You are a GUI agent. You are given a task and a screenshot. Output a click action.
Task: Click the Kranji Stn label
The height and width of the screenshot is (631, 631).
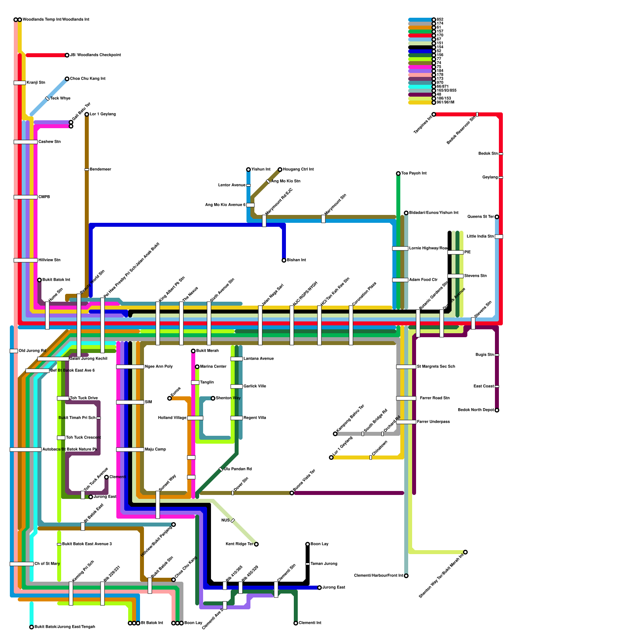pyautogui.click(x=36, y=83)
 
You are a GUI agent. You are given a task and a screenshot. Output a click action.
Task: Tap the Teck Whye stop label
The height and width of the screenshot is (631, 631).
pyautogui.click(x=60, y=99)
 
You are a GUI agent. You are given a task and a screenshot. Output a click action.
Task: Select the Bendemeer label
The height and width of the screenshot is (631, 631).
pyautogui.click(x=101, y=170)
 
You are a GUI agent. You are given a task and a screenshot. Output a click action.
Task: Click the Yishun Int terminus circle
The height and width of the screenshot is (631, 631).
pyautogui.click(x=248, y=170)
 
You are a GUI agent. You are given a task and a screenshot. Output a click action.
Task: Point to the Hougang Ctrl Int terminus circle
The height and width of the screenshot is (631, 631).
pyautogui.click(x=280, y=170)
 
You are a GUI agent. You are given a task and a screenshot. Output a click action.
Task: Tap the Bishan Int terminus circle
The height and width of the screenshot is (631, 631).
pyautogui.click(x=284, y=260)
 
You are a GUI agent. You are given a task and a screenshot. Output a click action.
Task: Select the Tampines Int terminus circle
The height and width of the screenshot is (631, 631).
pyautogui.click(x=434, y=114)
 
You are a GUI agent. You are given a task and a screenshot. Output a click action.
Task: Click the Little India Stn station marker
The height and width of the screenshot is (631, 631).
pyautogui.click(x=499, y=237)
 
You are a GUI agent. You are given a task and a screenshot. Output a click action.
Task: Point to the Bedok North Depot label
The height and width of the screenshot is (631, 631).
pyautogui.click(x=476, y=410)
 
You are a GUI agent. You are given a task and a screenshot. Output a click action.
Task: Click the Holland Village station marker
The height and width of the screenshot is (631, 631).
pyautogui.click(x=195, y=418)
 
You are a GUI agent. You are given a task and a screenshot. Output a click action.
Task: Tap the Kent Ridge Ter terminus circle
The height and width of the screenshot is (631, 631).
pyautogui.click(x=256, y=544)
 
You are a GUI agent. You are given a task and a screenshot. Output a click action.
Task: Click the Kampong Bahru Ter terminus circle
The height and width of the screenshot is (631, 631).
pyautogui.click(x=335, y=434)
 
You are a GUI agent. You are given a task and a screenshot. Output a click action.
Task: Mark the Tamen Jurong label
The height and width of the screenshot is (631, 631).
pyautogui.click(x=324, y=564)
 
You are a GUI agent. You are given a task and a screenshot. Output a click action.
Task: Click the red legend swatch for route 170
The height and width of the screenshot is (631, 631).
pyautogui.click(x=420, y=35)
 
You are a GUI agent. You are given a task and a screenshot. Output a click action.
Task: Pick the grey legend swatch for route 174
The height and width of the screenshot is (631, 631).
pyautogui.click(x=420, y=24)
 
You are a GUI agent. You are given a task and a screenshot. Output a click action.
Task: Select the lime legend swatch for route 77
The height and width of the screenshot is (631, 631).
pyautogui.click(x=420, y=59)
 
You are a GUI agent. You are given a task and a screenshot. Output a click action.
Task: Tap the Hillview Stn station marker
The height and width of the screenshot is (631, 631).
pyautogui.click(x=26, y=260)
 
